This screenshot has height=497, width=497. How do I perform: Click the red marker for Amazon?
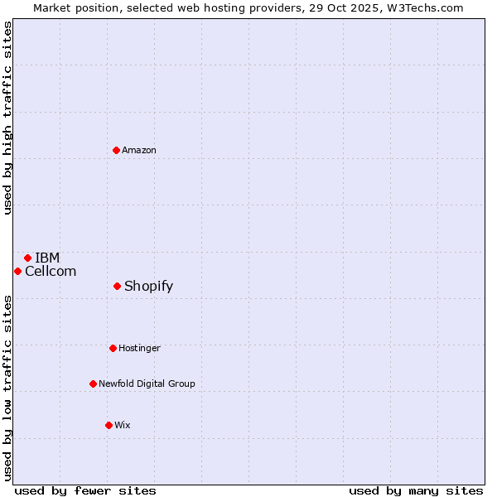(116, 150)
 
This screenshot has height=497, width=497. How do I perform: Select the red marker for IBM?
(27, 258)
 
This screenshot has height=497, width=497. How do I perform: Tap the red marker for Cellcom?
(17, 271)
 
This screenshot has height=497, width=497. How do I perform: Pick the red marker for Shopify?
(117, 286)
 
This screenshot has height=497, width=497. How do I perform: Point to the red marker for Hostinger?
(113, 348)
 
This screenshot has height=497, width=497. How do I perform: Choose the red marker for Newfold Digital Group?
(93, 384)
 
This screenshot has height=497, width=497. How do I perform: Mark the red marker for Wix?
(109, 425)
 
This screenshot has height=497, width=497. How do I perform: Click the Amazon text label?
(139, 150)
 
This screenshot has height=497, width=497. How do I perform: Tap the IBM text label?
(47, 258)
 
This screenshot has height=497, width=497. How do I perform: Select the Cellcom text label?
(51, 271)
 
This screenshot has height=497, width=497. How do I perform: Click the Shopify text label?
(149, 286)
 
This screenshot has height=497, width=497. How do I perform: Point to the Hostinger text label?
(139, 348)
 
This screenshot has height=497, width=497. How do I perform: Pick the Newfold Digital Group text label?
(147, 384)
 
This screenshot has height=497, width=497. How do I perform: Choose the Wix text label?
(123, 425)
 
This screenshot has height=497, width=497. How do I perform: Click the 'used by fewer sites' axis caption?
(85, 490)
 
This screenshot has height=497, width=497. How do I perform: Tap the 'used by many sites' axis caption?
(416, 490)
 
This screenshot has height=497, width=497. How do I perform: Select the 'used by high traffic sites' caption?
(8, 118)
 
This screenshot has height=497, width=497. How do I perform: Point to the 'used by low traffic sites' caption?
(8, 387)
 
